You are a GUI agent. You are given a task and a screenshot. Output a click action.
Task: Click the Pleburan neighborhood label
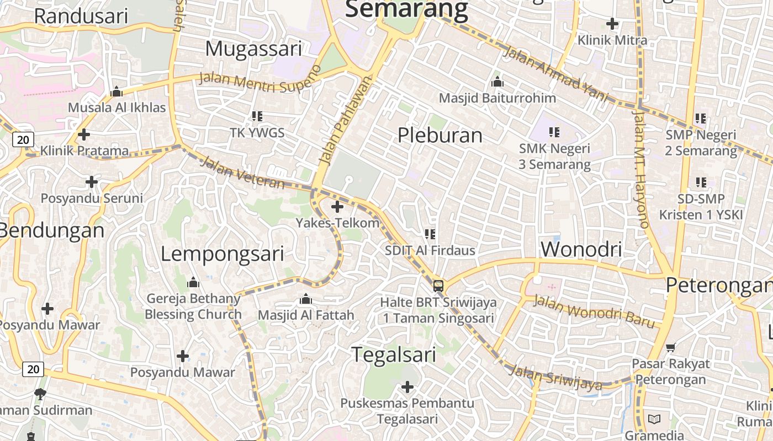pos(440,135)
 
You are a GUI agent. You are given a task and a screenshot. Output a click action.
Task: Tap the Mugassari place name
pos(253,49)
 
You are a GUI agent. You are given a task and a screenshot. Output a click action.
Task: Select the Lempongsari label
pos(223,254)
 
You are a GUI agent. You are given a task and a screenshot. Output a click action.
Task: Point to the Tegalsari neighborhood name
pos(394,354)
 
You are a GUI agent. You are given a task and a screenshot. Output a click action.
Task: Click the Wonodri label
pos(581,249)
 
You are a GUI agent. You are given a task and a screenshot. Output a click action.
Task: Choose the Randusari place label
pos(81,16)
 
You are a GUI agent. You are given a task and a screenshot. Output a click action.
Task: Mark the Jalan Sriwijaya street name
pos(555,378)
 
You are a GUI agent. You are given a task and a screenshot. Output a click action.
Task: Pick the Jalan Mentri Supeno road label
pos(260,80)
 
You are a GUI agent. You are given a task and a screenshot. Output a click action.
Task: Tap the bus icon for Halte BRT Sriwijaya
pos(438,286)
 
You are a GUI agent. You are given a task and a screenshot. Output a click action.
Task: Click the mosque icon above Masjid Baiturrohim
pos(497,82)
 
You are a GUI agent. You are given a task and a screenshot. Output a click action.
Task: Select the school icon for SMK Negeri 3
pos(554,132)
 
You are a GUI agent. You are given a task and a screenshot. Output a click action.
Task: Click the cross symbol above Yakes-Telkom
pos(337,207)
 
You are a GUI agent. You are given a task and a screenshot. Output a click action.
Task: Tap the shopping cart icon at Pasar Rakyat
pos(671,347)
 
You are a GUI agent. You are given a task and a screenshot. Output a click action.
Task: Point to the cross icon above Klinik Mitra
pos(612,24)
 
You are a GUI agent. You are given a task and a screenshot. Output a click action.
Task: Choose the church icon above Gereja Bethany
pos(193,283)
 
